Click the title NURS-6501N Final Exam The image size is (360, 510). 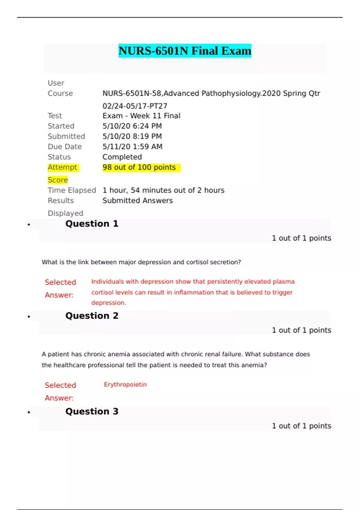tap(185, 51)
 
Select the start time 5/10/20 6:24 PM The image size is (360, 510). tap(132, 126)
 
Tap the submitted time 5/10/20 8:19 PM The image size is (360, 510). tap(132, 136)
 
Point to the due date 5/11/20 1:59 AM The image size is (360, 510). tap(132, 147)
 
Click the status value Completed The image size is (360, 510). tap(122, 157)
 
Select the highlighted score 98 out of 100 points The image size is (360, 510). tap(139, 167)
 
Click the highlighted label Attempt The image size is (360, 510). tap(62, 167)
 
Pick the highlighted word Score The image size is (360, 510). tap(58, 180)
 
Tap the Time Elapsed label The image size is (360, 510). tap(72, 190)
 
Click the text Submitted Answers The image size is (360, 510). tap(137, 200)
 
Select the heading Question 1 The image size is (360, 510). tap(92, 224)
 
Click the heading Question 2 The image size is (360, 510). tap(92, 316)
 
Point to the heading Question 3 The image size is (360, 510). tap(92, 412)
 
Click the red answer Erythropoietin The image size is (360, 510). tap(125, 385)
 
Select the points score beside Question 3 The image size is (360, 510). tap(301, 426)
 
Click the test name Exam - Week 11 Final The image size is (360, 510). tap(141, 116)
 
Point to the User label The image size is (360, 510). tap(56, 83)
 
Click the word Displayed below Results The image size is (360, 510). tap(65, 213)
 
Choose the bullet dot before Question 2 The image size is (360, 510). tap(29, 317)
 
